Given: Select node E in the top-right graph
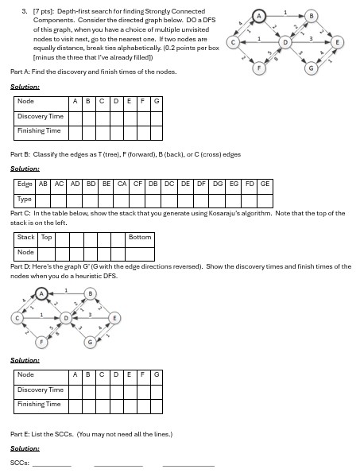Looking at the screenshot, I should tap(338, 41).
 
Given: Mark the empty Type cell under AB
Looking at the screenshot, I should tap(44, 199).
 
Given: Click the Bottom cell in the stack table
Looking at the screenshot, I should tap(140, 237).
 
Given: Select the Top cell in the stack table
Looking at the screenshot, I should tap(46, 237).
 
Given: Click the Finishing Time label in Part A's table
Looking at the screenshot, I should tap(39, 130).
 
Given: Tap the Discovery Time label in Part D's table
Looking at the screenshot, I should tap(41, 390).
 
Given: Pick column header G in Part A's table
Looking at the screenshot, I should tap(157, 102).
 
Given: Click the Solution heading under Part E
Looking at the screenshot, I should tap(25, 448).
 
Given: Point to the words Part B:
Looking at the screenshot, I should tap(20, 154).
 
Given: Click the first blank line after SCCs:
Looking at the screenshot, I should tap(52, 463).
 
